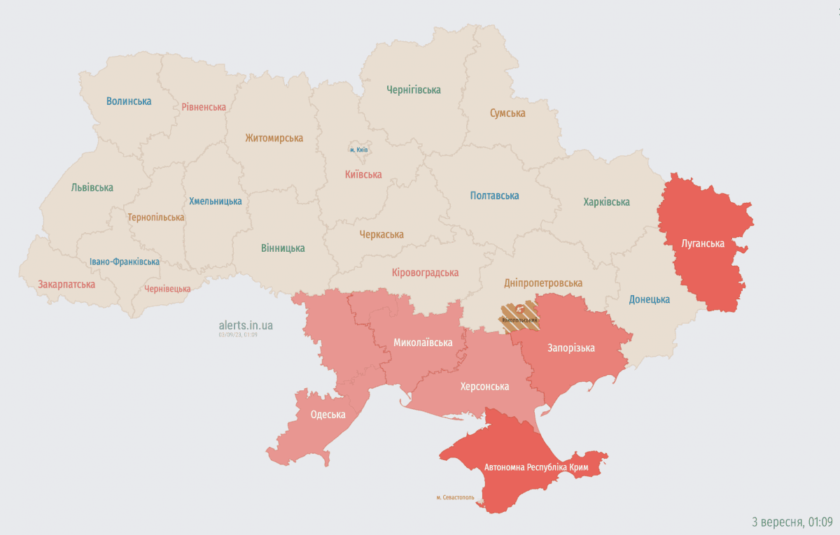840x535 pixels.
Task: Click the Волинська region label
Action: click(x=129, y=101)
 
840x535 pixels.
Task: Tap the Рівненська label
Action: click(x=204, y=107)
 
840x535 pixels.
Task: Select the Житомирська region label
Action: click(x=274, y=138)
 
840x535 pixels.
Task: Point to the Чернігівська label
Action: click(x=414, y=90)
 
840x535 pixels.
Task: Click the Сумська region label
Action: click(x=507, y=113)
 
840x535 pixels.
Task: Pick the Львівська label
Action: click(x=92, y=187)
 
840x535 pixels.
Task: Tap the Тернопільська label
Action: click(x=156, y=217)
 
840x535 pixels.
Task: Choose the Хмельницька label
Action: click(x=216, y=201)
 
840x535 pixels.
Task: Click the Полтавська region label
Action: click(x=494, y=196)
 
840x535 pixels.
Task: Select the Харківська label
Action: click(x=606, y=202)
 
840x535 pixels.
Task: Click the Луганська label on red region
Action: click(x=703, y=244)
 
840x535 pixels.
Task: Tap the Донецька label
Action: click(x=649, y=299)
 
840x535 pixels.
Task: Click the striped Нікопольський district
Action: click(x=519, y=315)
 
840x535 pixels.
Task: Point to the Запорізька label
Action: click(x=571, y=348)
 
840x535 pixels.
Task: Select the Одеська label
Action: click(x=328, y=415)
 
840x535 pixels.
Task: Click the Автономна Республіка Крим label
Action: click(x=536, y=466)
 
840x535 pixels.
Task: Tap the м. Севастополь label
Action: click(x=455, y=498)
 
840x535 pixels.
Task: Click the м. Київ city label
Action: click(x=358, y=150)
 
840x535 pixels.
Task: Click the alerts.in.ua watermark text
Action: click(x=246, y=325)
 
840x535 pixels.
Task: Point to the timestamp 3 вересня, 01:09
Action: click(x=792, y=522)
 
